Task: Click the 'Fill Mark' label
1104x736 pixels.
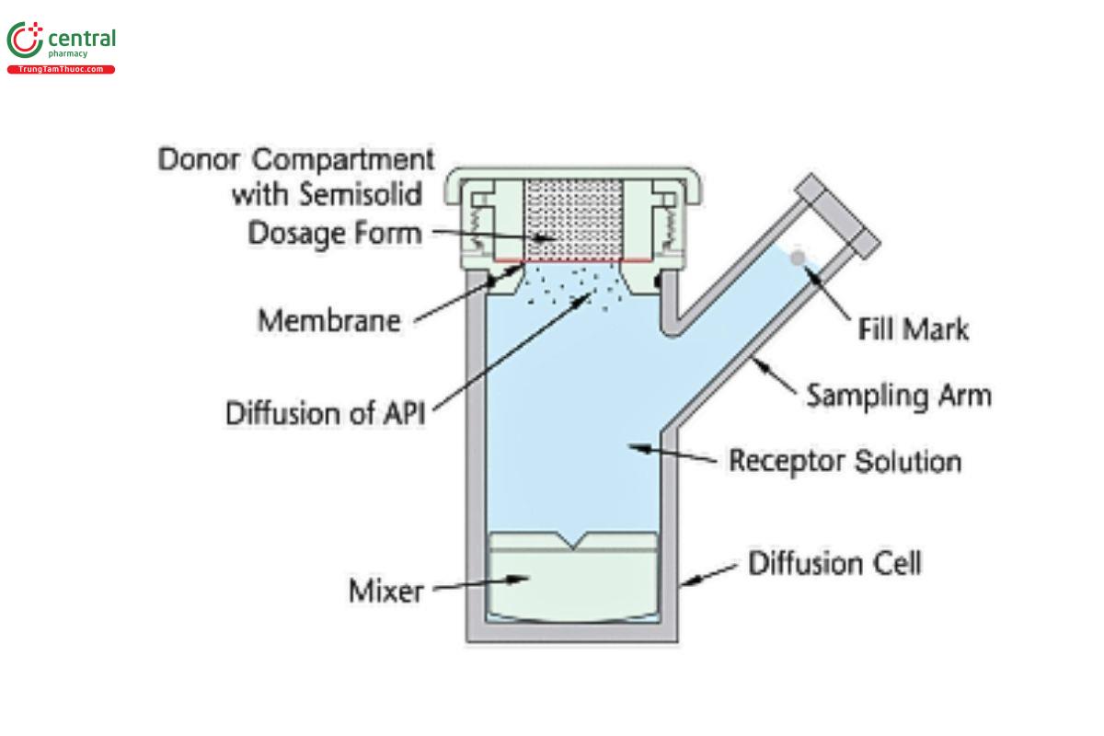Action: pyautogui.click(x=914, y=328)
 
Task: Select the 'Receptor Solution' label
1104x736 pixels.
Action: pyautogui.click(x=845, y=460)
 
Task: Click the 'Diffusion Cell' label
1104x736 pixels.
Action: pyautogui.click(x=834, y=562)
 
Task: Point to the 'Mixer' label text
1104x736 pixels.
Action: pyautogui.click(x=386, y=591)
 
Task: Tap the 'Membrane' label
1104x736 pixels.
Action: pyautogui.click(x=329, y=322)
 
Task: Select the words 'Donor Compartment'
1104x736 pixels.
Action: pyautogui.click(x=295, y=159)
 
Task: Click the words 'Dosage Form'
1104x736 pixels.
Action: pyautogui.click(x=334, y=233)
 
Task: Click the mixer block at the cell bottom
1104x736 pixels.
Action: pyautogui.click(x=575, y=580)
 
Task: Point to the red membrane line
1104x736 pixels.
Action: pyautogui.click(x=575, y=261)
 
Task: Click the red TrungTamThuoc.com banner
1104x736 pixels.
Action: pyautogui.click(x=61, y=70)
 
